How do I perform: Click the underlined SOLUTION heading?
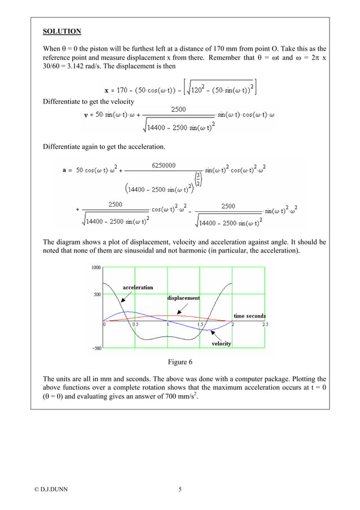[62, 31]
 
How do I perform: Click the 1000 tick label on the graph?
[96, 267]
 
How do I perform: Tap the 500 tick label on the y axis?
[97, 294]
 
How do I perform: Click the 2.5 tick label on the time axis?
[265, 325]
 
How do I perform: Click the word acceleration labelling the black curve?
[138, 287]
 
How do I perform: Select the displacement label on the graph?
[183, 298]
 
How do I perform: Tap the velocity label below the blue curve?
[221, 343]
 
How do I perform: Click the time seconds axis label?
[249, 316]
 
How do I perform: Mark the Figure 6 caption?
[181, 361]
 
